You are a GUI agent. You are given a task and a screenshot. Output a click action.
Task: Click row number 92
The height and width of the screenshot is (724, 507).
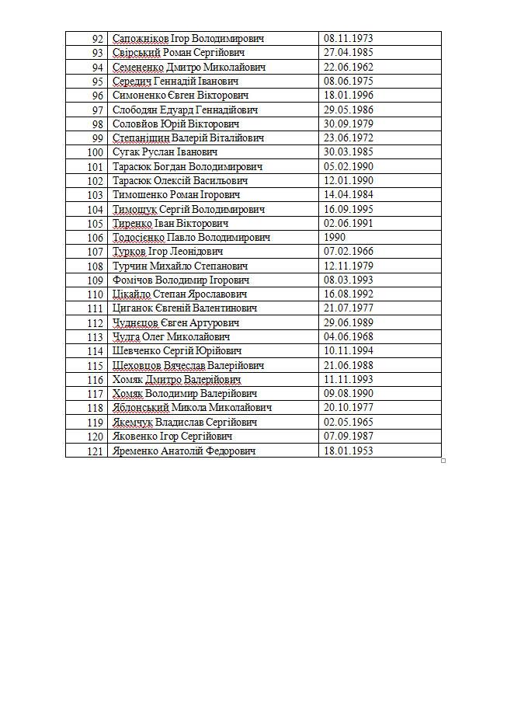coord(97,39)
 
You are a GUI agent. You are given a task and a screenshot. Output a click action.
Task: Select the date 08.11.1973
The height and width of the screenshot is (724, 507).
coord(348,39)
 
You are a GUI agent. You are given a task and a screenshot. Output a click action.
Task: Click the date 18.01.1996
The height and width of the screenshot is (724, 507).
coord(348,96)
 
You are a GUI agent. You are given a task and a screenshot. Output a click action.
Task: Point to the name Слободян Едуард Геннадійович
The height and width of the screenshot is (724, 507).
coord(186,110)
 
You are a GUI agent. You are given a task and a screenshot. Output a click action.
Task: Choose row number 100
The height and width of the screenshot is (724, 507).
coord(95,152)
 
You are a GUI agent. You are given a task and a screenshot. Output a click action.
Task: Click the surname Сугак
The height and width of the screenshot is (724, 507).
coord(127,152)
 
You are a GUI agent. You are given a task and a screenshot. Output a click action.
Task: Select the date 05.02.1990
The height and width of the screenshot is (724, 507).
coord(348,166)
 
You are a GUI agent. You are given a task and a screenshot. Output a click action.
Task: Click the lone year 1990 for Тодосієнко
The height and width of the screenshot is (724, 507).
coord(335,238)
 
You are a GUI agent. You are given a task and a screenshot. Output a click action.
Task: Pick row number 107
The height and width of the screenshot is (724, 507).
coord(95,252)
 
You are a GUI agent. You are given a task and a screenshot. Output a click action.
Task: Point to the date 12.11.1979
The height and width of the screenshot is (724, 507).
coord(348,266)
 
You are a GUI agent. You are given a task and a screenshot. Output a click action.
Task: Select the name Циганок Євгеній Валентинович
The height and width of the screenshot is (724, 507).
coord(185,308)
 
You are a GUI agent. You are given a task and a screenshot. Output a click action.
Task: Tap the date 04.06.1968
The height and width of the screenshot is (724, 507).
coord(348,337)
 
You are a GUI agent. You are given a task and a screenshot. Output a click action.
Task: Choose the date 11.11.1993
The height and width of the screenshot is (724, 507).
coord(348,380)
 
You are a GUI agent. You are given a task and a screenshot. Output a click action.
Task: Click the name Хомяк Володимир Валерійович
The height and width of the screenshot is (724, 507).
coord(185,394)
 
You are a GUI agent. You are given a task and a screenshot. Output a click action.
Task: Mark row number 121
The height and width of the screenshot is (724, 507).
coord(95,451)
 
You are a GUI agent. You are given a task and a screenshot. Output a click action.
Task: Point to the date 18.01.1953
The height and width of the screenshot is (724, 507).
coord(348,451)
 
